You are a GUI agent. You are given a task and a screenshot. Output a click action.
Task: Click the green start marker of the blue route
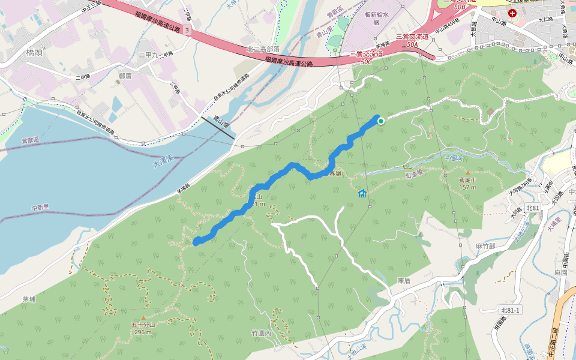click(380, 121)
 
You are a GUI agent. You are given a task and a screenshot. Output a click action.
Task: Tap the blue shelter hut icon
click(362, 193)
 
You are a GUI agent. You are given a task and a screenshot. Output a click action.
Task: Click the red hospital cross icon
click(512, 13)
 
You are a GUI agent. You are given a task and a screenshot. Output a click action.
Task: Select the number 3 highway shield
click(188, 29)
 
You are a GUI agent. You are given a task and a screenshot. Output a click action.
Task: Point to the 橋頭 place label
click(34, 52)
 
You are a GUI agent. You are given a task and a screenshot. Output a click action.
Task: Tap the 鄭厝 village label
click(125, 76)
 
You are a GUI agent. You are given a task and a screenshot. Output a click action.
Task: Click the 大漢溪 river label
click(163, 161)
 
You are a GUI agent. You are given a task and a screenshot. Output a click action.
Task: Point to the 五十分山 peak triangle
click(143, 317)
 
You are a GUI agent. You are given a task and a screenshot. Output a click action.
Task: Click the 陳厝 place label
click(403, 280)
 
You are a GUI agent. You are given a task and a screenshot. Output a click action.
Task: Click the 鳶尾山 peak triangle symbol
click(467, 173)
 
